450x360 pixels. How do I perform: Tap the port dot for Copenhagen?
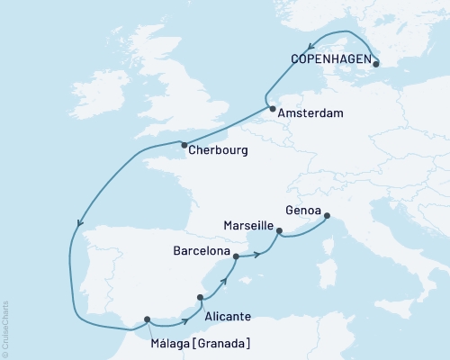[x=376, y=63]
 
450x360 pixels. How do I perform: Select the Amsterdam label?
[x=310, y=114]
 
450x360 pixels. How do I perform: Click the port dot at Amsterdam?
[x=272, y=108]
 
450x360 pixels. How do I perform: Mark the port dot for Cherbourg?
[x=184, y=145]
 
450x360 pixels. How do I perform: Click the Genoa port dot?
[x=327, y=215]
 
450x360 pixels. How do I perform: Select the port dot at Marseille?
[x=280, y=231]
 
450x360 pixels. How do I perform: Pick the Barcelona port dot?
[x=236, y=256]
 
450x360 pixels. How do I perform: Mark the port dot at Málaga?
[x=147, y=319]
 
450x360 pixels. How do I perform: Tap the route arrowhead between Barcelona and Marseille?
[x=259, y=254]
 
